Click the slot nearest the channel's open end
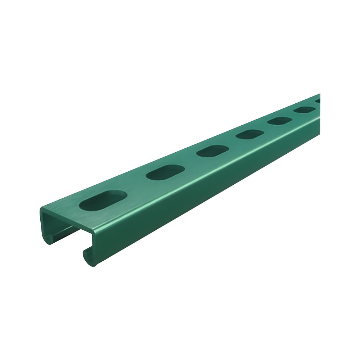pyautogui.click(x=103, y=199)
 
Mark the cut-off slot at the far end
pyautogui.click(x=318, y=101)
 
